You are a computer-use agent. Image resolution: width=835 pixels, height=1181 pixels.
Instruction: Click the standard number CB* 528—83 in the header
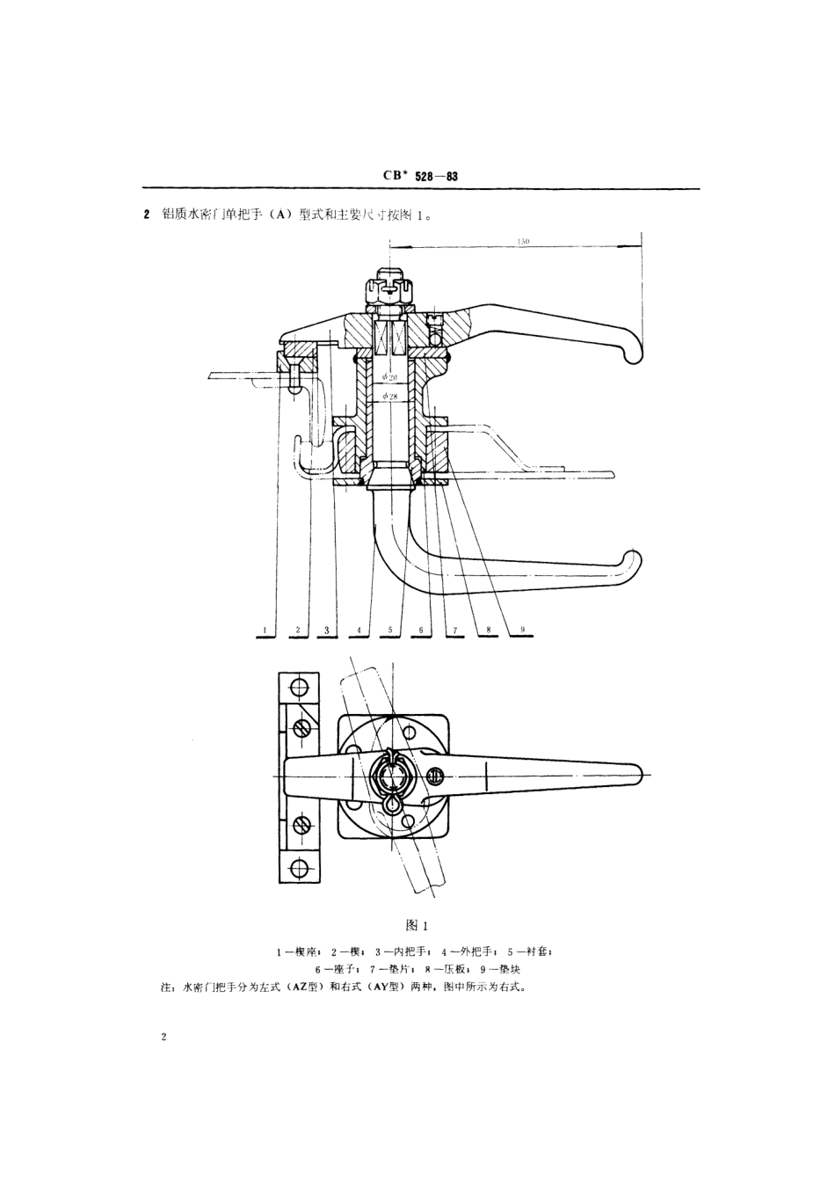420,177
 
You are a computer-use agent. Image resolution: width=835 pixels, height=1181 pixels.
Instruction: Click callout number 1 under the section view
263,631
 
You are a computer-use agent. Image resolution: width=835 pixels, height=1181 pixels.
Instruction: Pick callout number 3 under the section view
326,631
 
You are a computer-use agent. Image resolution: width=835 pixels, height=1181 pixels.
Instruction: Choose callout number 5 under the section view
390,631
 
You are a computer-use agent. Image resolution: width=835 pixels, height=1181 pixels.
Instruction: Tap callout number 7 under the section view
454,631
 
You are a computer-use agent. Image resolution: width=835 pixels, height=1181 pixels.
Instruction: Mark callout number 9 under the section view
522,631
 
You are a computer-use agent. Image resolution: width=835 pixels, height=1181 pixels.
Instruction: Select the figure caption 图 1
416,925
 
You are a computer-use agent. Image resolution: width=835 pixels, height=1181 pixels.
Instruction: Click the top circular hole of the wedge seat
300,686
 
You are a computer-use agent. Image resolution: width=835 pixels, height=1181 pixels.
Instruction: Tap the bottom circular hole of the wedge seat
300,869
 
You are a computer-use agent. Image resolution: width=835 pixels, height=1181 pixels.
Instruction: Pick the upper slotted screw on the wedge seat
301,728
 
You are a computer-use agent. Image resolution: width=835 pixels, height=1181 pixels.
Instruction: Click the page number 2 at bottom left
164,1038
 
